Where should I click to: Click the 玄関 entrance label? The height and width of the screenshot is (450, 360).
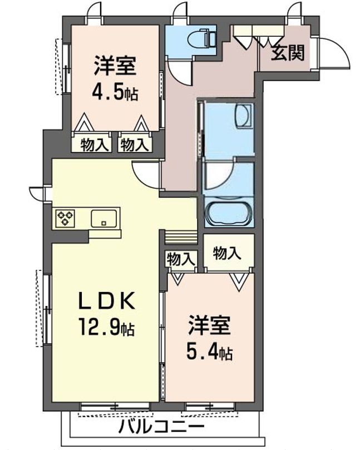point(288,53)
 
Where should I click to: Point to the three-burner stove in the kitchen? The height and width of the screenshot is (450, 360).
point(65,217)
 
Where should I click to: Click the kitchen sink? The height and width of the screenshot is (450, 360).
point(104,217)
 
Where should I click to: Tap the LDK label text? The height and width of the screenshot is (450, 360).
point(106,301)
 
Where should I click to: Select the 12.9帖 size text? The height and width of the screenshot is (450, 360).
point(108,327)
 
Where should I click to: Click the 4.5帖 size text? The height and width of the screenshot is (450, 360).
point(115,91)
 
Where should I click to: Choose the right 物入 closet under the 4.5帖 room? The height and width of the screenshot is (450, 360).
point(135,145)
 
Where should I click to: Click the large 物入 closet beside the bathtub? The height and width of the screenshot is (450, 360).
point(227,253)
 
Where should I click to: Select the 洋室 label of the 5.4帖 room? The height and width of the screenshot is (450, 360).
point(209,325)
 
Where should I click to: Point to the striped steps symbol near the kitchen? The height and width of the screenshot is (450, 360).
point(181,237)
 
